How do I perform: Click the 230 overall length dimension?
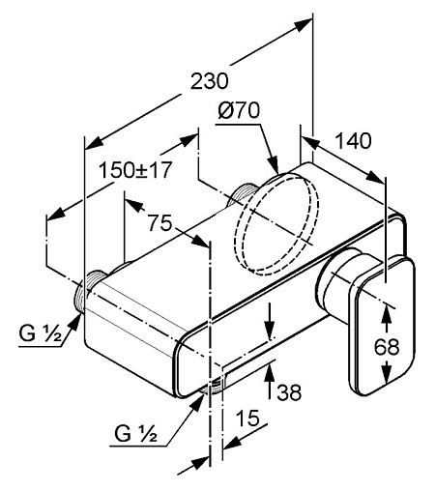pos(209,81)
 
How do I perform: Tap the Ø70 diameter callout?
pos(238,110)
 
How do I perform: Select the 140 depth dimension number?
pos(353,141)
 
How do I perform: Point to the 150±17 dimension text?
pos(135,170)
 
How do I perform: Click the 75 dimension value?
pos(160,223)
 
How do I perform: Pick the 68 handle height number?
pos(387,347)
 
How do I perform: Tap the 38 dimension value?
pos(289,392)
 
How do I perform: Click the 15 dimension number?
pos(247,418)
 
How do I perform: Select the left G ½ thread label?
pos(40,333)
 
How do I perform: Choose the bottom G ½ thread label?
pos(135,433)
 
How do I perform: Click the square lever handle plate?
pos(382,326)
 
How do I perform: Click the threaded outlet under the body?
pos(212,386)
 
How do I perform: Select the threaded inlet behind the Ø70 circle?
pos(243,194)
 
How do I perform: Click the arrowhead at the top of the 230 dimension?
pos(305,24)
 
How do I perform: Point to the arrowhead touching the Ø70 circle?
pos(273,164)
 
